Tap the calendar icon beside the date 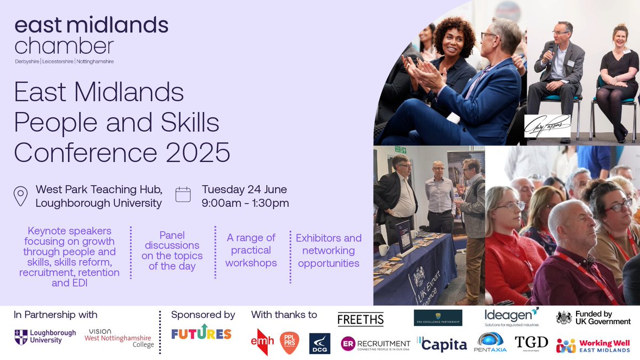tap(183, 195)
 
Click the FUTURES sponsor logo tap(201, 334)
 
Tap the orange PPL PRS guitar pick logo tap(290, 343)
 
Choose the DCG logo tap(319, 344)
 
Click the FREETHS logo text tap(361, 319)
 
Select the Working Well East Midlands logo tap(593, 346)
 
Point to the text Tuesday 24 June tap(244, 189)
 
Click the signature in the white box tap(547, 126)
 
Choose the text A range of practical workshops tap(251, 250)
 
